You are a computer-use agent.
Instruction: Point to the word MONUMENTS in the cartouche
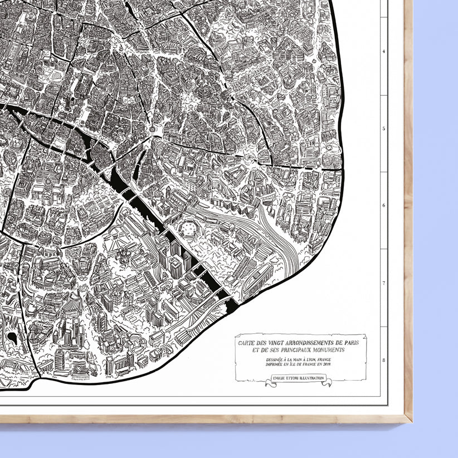[326, 350]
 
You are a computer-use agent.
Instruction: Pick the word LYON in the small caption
[301, 360]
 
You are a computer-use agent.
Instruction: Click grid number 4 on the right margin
[383, 50]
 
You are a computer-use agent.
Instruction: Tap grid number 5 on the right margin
[383, 128]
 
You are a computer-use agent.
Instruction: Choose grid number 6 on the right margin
[383, 205]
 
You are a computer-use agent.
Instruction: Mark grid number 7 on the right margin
[383, 283]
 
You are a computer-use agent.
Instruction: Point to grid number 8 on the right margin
[383, 360]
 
